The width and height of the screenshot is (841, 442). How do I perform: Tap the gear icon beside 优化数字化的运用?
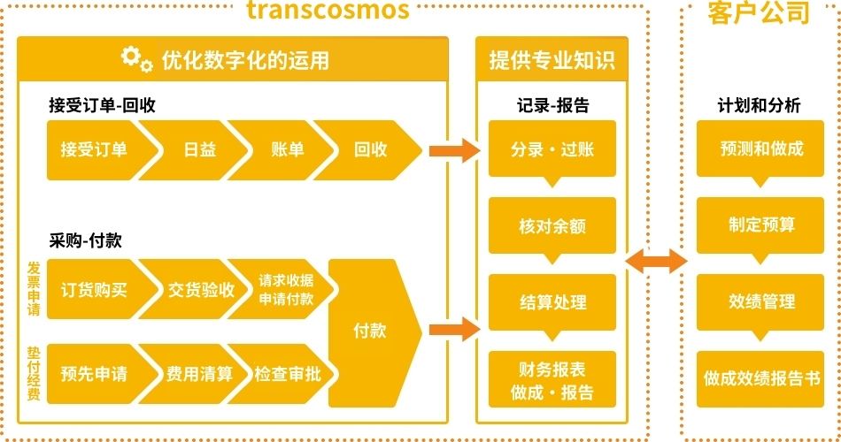[x=136, y=59]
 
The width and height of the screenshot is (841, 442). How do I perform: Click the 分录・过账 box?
[x=552, y=149]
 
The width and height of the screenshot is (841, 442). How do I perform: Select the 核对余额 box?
[x=552, y=225]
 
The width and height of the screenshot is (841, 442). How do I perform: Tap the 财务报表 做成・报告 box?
[x=552, y=379]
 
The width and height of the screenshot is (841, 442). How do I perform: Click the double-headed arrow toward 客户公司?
[x=656, y=261]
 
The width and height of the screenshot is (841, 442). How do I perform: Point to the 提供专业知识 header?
[x=552, y=60]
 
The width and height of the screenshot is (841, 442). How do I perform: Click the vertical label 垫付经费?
[x=34, y=374]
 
